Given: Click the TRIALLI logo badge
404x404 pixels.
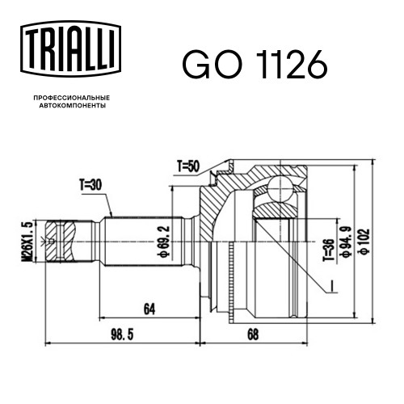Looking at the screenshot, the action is (x=70, y=49).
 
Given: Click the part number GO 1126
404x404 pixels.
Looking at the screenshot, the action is (x=255, y=65).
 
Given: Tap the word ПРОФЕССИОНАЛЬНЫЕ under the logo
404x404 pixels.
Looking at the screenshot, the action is (x=72, y=98).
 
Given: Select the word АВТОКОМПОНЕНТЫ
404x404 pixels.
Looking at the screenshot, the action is (x=73, y=106).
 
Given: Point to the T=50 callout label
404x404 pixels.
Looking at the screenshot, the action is (x=188, y=166).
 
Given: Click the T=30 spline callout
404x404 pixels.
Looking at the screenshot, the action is (x=90, y=185).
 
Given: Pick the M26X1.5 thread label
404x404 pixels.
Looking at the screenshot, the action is (x=27, y=241).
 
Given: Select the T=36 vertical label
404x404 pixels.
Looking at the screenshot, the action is (x=329, y=250).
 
